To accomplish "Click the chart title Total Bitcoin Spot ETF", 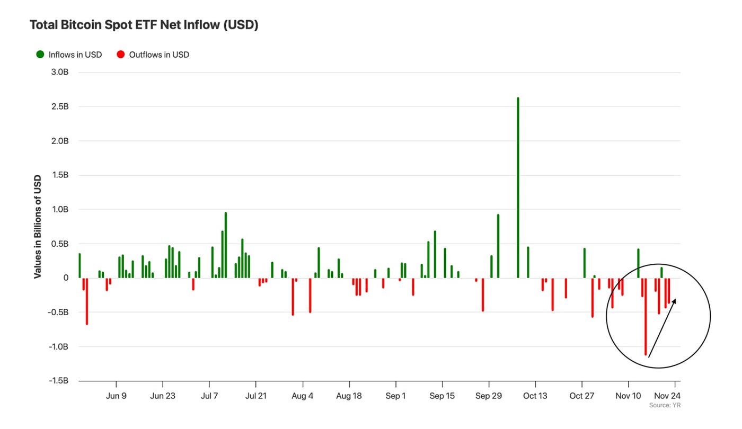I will pyautogui.click(x=144, y=25).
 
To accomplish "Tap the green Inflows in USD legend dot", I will pyautogui.click(x=40, y=55).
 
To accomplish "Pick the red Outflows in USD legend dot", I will pyautogui.click(x=120, y=55).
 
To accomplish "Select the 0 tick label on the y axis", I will pyautogui.click(x=66, y=278).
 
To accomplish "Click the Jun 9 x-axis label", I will pyautogui.click(x=116, y=396).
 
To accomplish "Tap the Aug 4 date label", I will pyautogui.click(x=303, y=396).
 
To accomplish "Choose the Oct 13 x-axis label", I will pyautogui.click(x=535, y=396).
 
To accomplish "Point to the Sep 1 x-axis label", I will pyautogui.click(x=396, y=396).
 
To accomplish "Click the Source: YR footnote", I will pyautogui.click(x=665, y=406).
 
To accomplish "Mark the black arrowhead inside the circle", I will pyautogui.click(x=674, y=301).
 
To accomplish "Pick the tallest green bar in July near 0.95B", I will pyautogui.click(x=225, y=245).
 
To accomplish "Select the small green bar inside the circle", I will pyautogui.click(x=661, y=272).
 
